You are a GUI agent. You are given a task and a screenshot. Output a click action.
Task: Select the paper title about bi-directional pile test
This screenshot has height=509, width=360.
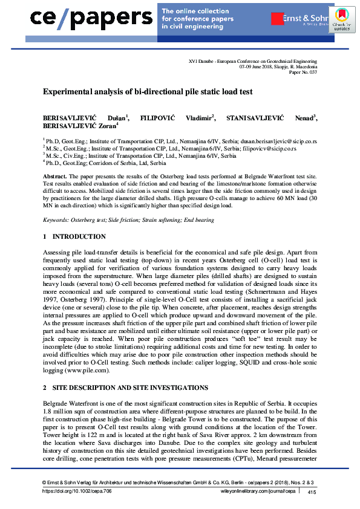(147, 92)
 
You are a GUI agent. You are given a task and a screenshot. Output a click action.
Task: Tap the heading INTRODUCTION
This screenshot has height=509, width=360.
(79, 236)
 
